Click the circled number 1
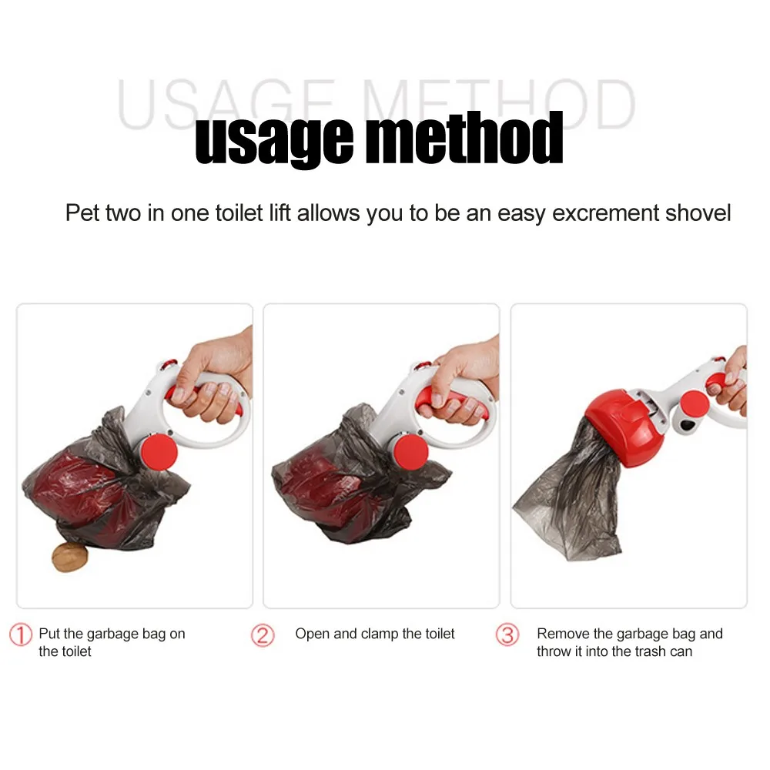pos(21,635)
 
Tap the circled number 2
pos(263,635)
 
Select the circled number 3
pos(507,635)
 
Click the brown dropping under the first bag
pos(67,556)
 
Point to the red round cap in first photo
pos(159,453)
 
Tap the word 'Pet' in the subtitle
pos(82,213)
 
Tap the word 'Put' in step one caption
pos(49,634)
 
